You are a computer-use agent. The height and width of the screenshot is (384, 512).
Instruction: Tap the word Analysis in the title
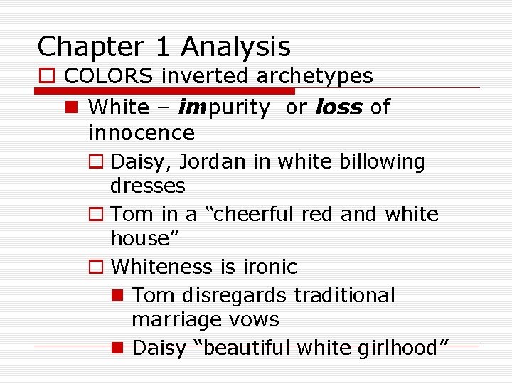click(236, 48)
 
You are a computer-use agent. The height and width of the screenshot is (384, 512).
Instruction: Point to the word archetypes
click(316, 75)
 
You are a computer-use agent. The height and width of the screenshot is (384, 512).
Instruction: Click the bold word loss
click(338, 107)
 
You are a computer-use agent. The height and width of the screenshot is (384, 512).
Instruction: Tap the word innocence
click(141, 132)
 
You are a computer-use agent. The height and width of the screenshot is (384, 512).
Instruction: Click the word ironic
click(270, 267)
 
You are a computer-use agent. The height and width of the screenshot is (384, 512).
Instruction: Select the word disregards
click(241, 295)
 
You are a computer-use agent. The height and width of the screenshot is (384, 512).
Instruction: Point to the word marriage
click(172, 320)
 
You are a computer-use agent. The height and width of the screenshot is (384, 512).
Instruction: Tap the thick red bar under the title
click(165, 91)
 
